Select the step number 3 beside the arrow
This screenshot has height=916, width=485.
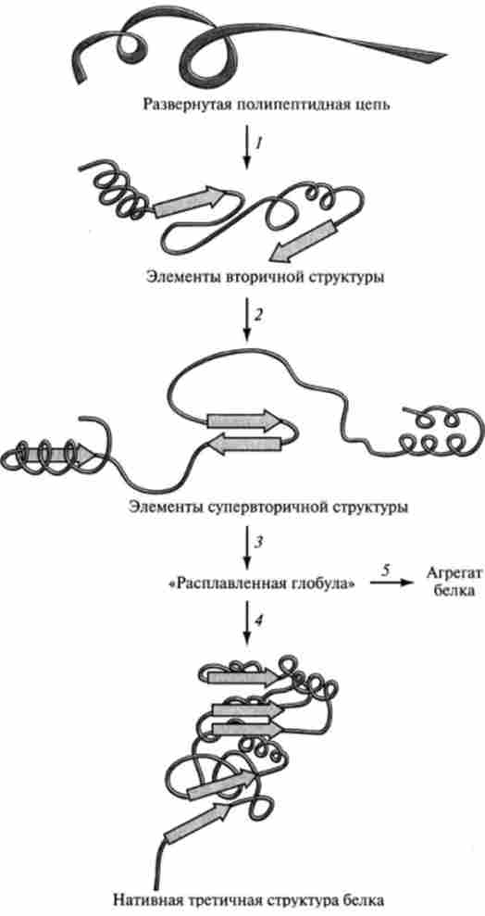[258, 542]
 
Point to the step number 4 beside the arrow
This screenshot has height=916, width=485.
[258, 621]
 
